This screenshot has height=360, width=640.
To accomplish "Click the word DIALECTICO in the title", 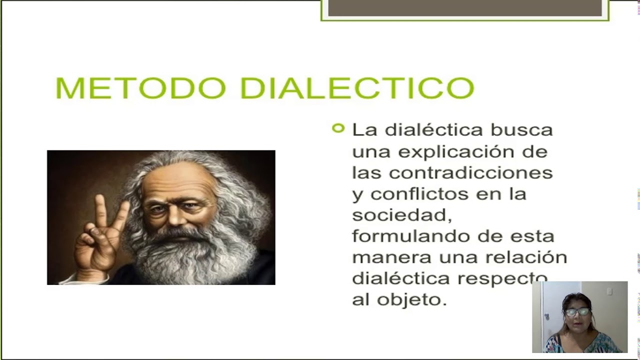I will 356,88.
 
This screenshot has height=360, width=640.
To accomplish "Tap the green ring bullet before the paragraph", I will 338,128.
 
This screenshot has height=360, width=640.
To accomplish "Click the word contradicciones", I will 470,173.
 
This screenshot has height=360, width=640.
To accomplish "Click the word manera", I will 391,257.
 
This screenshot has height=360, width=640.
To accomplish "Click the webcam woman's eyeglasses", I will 577,312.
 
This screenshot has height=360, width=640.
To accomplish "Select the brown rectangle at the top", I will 465,8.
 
